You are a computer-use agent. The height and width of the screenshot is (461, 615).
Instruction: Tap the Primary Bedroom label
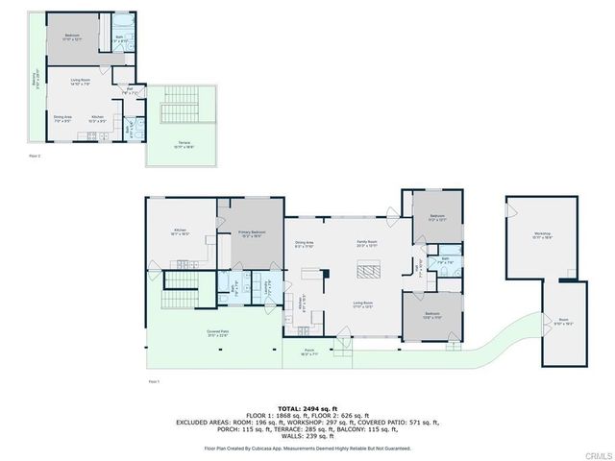click(253, 233)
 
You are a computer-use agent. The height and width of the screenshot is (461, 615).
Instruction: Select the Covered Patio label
click(217, 333)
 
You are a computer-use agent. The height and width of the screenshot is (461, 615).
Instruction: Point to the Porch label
click(309, 352)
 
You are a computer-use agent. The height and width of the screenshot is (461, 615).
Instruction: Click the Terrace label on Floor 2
click(183, 145)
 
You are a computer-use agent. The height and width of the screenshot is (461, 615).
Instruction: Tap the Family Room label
click(366, 244)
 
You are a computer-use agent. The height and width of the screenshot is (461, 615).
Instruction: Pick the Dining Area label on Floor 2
click(63, 118)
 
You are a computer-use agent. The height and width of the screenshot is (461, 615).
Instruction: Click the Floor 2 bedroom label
click(73, 36)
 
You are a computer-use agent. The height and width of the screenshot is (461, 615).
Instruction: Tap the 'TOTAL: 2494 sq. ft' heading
click(307, 408)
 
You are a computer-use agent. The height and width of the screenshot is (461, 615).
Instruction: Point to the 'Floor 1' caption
click(154, 381)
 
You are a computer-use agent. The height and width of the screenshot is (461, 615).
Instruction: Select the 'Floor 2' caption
click(35, 154)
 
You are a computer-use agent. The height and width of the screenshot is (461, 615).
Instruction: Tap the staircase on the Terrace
click(177, 106)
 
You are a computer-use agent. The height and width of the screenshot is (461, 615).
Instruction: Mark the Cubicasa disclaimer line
click(307, 448)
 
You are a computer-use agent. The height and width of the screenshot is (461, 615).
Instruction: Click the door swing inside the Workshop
click(514, 209)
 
